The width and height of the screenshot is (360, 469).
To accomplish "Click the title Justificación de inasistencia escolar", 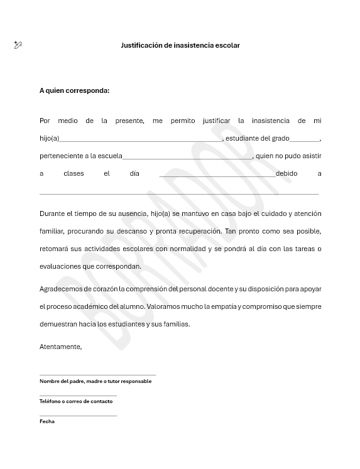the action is [180, 45].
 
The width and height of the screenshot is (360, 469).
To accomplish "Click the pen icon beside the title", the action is [18, 45].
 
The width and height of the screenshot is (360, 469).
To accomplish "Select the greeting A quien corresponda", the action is [74, 90].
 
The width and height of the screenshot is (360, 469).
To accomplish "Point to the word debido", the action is [286, 173].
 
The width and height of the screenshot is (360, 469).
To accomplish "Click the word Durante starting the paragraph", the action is [52, 213].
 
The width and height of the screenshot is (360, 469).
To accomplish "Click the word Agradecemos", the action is [59, 289].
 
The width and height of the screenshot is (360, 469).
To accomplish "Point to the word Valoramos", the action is [166, 306].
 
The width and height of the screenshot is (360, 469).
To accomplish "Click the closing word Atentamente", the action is [60, 347].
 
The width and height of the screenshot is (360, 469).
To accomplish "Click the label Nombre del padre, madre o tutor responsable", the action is [95, 381].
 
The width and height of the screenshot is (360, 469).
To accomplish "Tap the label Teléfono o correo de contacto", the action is [76, 401].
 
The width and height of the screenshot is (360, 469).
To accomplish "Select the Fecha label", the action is [47, 421].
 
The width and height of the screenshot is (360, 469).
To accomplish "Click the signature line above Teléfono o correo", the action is [78, 396].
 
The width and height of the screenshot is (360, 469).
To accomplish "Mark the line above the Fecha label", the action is [78, 416].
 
